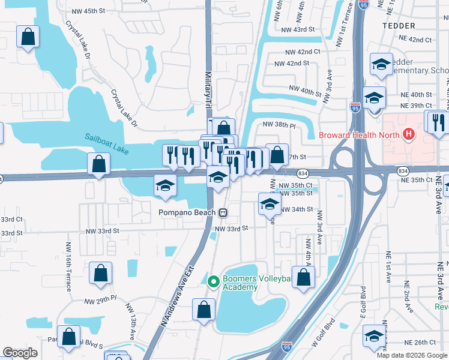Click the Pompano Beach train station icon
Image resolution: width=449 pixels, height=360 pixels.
click(223, 212)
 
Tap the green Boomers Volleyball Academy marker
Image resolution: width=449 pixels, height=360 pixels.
click(212, 281)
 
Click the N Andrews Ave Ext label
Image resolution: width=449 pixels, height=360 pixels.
click(178, 297)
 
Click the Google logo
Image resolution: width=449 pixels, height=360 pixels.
click(20, 353)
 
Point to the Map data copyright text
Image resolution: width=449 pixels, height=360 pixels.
click(412, 355)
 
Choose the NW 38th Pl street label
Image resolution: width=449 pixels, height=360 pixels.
click(280, 125)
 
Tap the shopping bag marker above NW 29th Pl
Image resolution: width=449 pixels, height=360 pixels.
click(100, 272)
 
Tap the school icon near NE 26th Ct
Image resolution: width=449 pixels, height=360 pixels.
click(374, 337)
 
